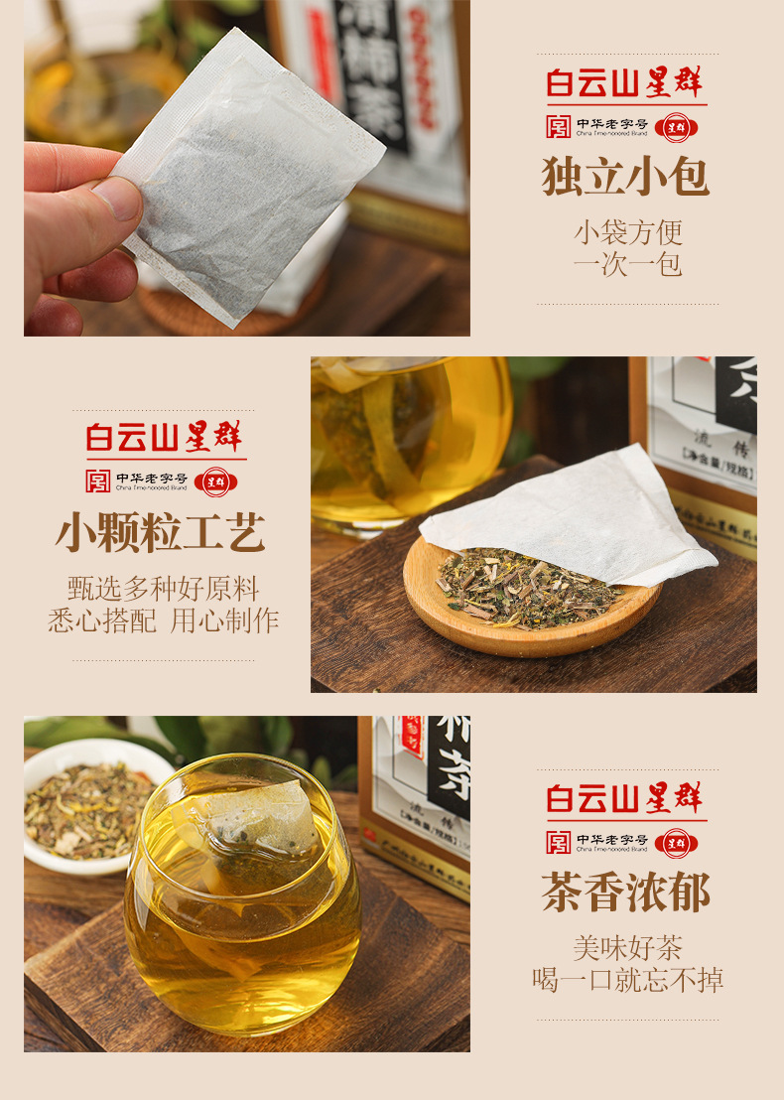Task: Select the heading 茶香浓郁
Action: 626,893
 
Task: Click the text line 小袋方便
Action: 627,232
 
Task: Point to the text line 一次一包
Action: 627,265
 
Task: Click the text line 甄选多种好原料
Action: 163,588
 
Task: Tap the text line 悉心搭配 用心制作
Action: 163,620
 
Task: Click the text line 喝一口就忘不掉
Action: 627,980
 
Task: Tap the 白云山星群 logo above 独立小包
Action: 626,82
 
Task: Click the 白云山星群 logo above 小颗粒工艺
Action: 163,438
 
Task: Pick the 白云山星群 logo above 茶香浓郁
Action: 626,798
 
